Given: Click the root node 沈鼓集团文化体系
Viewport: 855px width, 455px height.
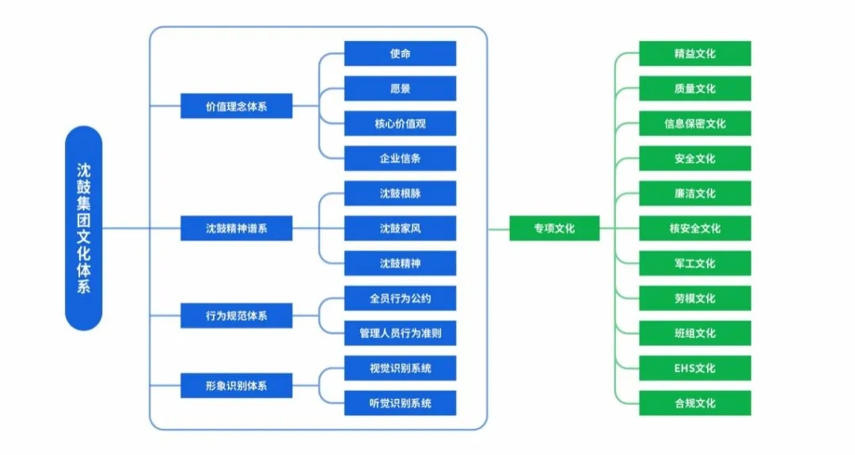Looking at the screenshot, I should (x=83, y=228).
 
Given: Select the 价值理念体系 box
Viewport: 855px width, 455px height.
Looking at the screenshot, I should (x=236, y=105).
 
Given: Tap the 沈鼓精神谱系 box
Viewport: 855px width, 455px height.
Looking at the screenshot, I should (x=236, y=229).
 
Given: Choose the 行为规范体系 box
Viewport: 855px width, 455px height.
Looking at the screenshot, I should (x=236, y=316).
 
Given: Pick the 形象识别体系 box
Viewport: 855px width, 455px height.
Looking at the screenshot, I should (x=236, y=386).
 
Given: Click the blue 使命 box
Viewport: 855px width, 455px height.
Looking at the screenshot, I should (x=400, y=54).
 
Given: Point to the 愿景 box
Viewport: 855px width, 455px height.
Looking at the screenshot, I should (x=400, y=89).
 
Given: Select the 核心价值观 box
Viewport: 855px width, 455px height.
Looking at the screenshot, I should (x=400, y=123).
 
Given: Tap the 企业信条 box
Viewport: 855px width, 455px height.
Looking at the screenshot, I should (x=400, y=158).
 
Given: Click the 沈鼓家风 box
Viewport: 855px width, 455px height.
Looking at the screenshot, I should (x=400, y=229).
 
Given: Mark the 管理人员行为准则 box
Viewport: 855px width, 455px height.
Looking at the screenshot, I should (x=400, y=333).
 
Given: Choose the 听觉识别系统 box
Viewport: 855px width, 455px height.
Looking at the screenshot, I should (x=400, y=403).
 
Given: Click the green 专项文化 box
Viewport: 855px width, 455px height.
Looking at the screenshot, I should (x=554, y=229).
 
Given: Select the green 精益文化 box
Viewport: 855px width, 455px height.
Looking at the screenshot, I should (x=694, y=54).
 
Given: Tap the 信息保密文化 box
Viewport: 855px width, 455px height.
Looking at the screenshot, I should (x=694, y=123).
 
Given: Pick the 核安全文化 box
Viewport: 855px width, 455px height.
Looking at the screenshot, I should (x=694, y=229).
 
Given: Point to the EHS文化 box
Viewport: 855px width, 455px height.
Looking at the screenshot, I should (x=694, y=368).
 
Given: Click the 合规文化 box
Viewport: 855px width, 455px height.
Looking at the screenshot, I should (x=694, y=403).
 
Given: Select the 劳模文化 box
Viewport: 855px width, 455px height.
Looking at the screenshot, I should (x=694, y=298).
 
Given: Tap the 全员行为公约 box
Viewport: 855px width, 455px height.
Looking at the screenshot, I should (x=400, y=298).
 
